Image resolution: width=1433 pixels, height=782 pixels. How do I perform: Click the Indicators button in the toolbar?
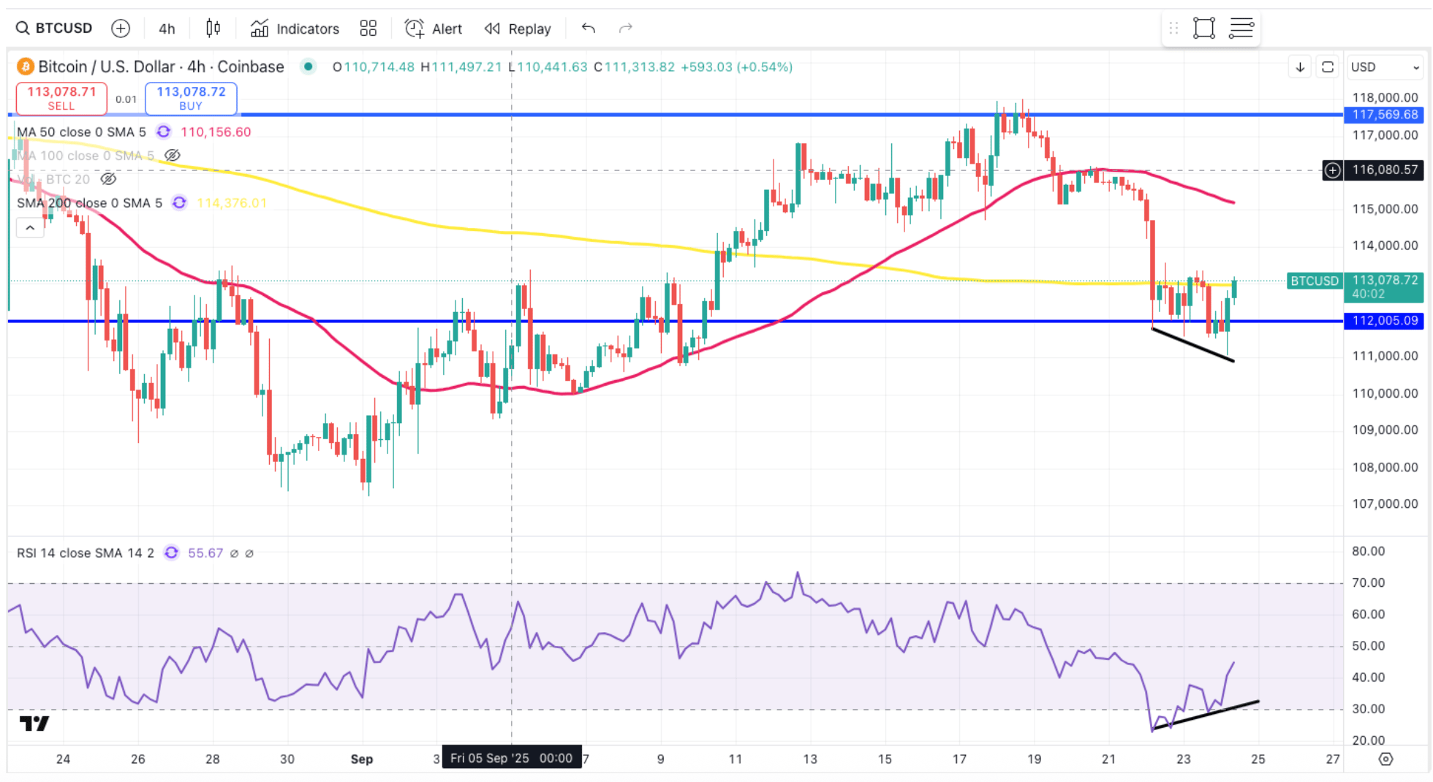295,29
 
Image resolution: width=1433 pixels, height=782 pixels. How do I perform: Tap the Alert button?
434,29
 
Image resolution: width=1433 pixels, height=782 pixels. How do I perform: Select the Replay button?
518,29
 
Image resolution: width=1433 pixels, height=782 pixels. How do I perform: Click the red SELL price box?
61,98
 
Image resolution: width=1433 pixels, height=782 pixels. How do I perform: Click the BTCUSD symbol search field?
55,29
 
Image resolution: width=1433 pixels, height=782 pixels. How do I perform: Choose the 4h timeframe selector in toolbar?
167,29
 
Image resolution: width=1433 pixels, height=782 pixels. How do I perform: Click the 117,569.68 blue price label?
1384,115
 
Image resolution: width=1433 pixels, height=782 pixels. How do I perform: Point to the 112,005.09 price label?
1384,321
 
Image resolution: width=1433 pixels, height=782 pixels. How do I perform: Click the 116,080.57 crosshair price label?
1384,170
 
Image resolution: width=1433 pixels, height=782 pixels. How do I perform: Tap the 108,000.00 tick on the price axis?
1384,467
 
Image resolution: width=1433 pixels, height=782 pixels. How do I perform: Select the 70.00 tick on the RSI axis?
1368,582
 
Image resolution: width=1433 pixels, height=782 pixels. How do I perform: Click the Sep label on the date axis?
362,759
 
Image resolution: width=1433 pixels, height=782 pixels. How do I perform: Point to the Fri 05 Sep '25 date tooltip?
511,758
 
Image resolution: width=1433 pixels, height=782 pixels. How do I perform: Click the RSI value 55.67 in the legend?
205,553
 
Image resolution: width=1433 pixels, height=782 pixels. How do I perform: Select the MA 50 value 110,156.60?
216,132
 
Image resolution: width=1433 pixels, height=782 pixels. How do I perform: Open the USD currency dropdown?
1384,67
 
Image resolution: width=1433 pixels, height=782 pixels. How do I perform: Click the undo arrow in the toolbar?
589,29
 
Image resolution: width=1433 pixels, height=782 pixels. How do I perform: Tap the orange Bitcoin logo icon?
26,67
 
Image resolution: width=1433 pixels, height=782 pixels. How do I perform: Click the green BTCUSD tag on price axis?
1314,281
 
